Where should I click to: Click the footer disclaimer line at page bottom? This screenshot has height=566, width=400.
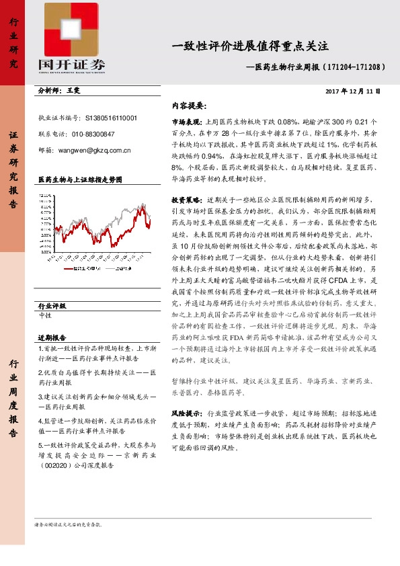pos(73,524)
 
